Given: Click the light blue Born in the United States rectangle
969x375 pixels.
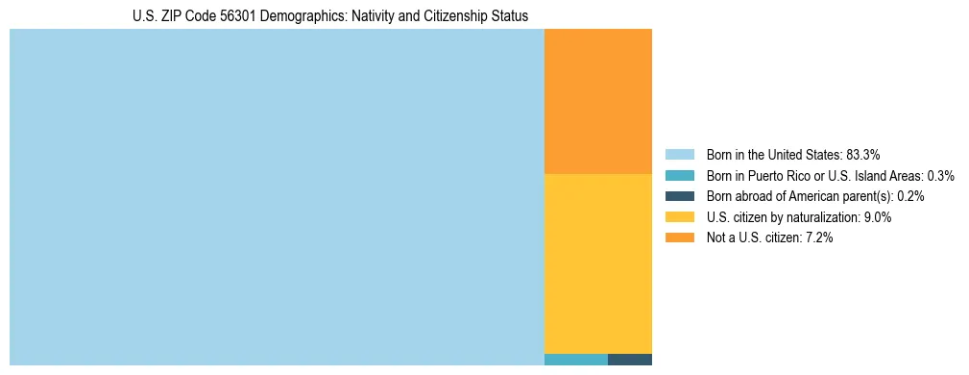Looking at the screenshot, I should pyautogui.click(x=277, y=197).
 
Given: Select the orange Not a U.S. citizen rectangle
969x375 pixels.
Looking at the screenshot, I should pyautogui.click(x=597, y=101).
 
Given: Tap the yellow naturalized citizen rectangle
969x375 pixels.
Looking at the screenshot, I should pyautogui.click(x=597, y=263).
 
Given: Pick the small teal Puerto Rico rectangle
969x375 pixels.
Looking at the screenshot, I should pyautogui.click(x=575, y=360).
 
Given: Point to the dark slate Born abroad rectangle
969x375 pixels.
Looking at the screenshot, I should pyautogui.click(x=629, y=360).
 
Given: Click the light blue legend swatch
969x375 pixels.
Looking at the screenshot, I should pyautogui.click(x=679, y=155).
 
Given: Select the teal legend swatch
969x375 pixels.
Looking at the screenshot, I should pyautogui.click(x=679, y=176).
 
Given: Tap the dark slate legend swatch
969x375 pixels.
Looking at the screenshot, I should pyautogui.click(x=679, y=196).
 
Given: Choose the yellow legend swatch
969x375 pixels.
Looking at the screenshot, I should pyautogui.click(x=679, y=217).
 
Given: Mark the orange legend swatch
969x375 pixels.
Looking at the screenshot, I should pyautogui.click(x=679, y=237).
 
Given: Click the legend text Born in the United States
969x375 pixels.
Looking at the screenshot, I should pyautogui.click(x=774, y=155).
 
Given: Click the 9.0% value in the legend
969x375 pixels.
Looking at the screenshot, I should pyautogui.click(x=878, y=217).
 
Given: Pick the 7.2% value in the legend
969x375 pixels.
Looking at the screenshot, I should pyautogui.click(x=819, y=237).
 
